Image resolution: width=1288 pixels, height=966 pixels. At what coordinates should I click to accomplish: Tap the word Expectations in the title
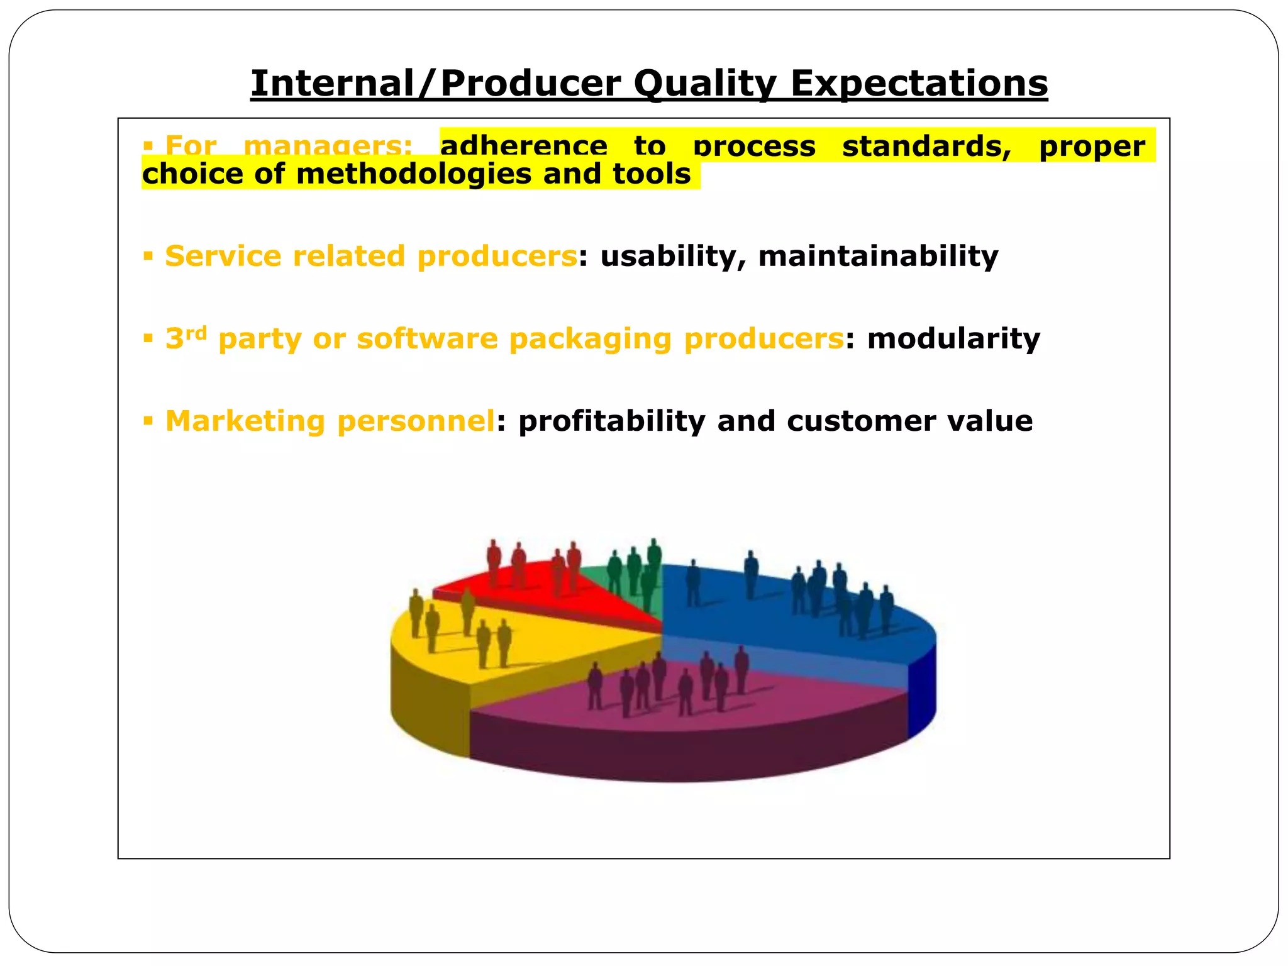pos(919,83)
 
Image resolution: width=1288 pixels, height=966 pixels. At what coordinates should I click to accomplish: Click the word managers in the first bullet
pos(328,147)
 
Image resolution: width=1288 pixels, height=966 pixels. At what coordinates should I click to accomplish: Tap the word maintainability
pos(878,257)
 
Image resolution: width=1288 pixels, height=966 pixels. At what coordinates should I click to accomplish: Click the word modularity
pos(953,338)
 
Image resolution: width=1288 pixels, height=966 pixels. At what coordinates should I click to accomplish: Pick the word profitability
pos(611,421)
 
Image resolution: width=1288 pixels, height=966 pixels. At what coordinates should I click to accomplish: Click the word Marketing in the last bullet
pos(245,421)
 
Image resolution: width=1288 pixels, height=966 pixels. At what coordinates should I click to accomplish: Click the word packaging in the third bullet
pos(590,340)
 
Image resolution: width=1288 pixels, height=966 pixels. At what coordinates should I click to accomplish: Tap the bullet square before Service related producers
pos(148,256)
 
